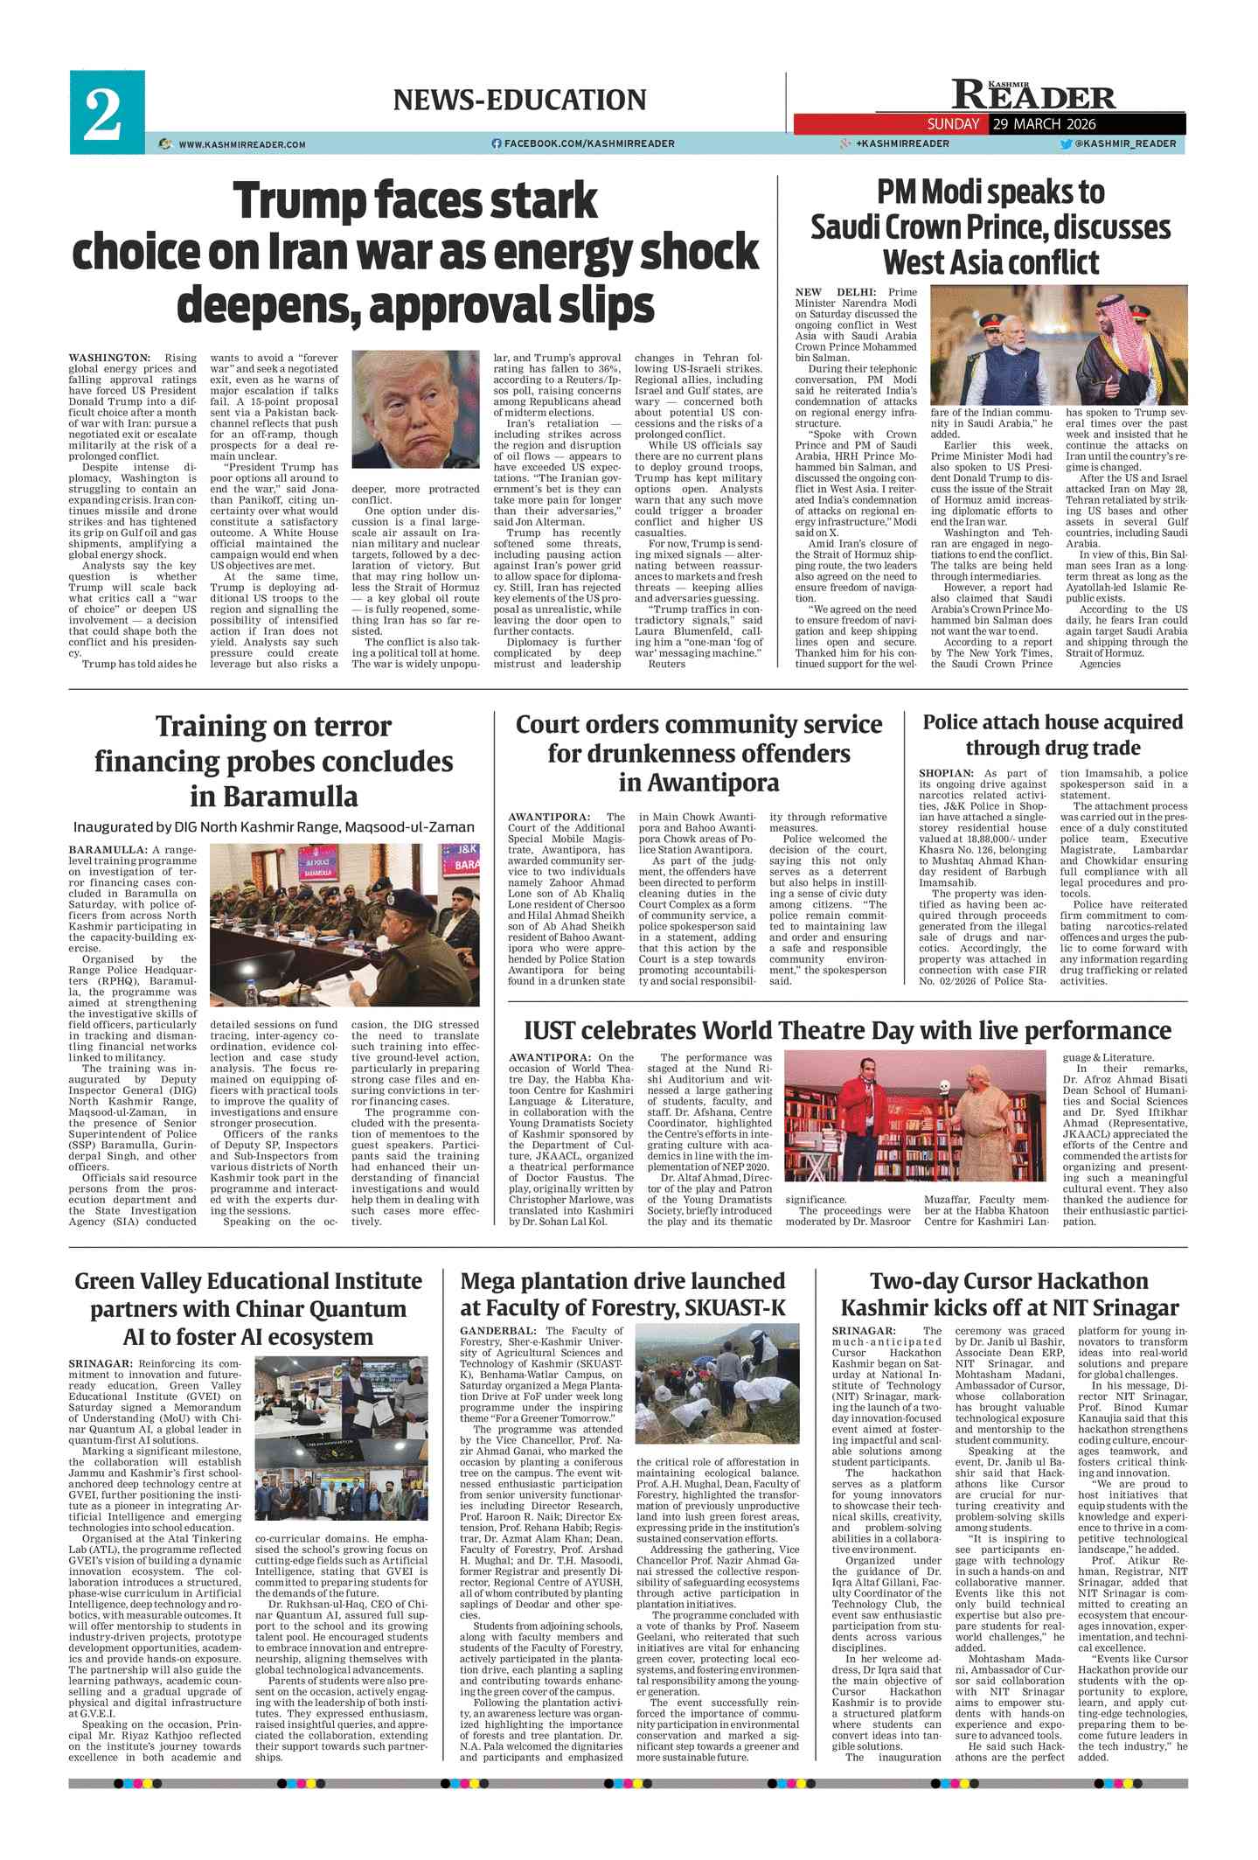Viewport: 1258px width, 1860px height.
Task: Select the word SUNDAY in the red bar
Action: [953, 124]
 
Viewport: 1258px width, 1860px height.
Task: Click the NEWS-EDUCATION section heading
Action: [519, 100]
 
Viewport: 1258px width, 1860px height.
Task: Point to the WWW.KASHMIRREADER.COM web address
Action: [242, 144]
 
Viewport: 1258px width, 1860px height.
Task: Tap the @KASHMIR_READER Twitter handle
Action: [1125, 143]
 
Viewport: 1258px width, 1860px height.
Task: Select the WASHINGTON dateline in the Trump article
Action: [109, 358]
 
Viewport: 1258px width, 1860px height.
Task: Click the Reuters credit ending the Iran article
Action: [667, 664]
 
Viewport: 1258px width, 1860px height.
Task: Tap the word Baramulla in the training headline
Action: [274, 797]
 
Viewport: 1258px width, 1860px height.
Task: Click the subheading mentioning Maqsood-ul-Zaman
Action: [274, 826]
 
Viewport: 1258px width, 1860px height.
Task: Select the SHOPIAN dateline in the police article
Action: [946, 773]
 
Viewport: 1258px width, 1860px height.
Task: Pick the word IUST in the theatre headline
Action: [549, 1030]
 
